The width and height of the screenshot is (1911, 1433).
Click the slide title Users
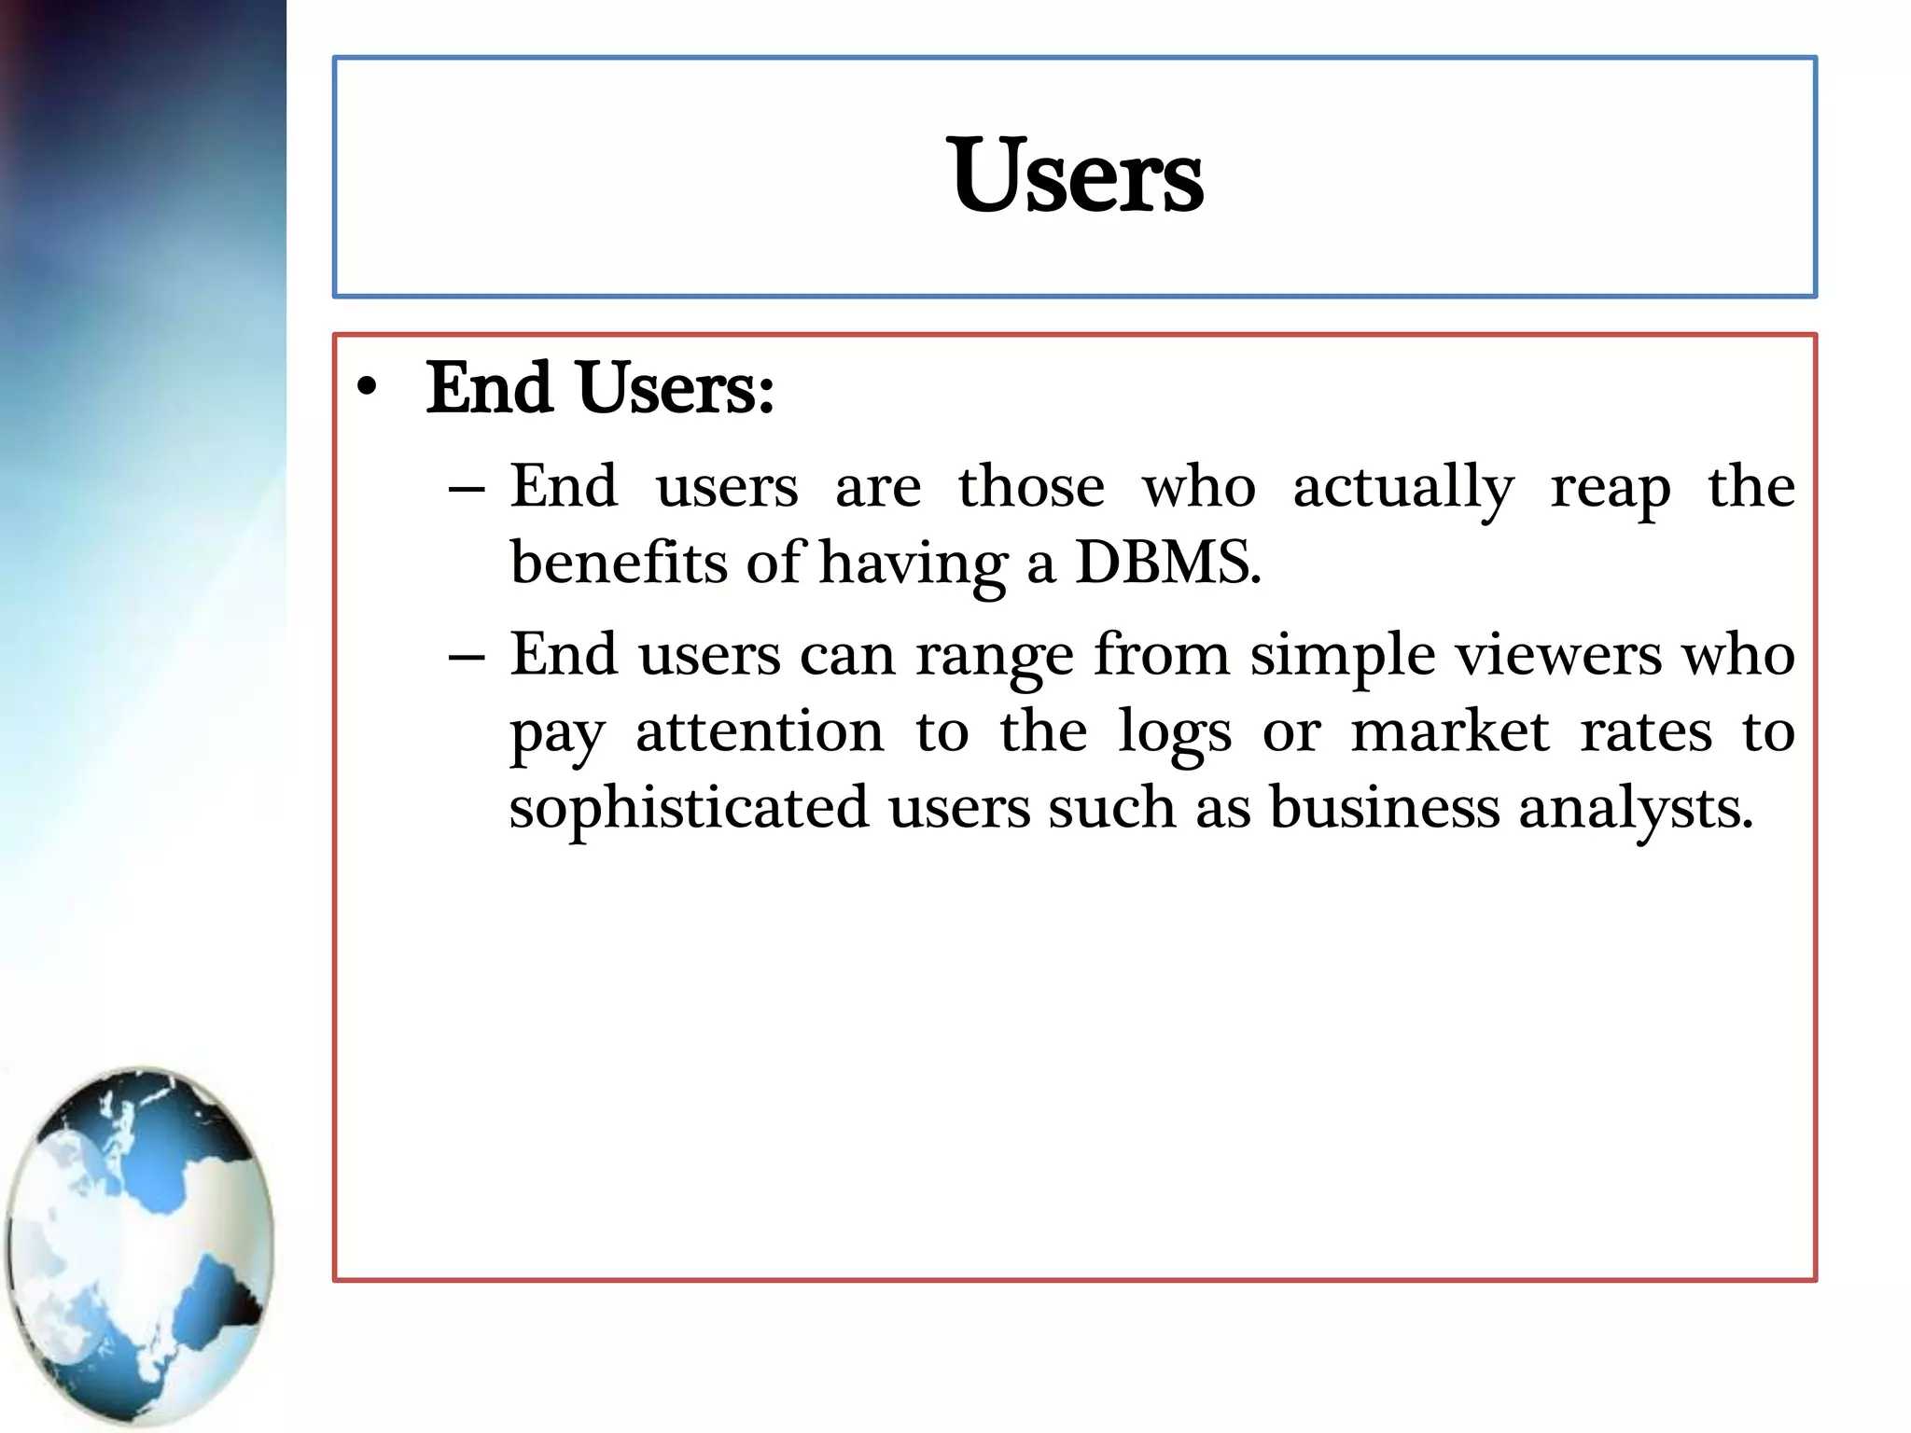pyautogui.click(x=1077, y=176)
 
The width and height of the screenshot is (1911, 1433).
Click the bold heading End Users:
pyautogui.click(x=600, y=388)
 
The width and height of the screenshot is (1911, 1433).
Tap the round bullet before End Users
pyautogui.click(x=368, y=388)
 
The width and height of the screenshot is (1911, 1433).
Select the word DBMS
pyautogui.click(x=1167, y=563)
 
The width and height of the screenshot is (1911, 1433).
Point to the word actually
pyautogui.click(x=1403, y=488)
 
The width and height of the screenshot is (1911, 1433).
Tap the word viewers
pyautogui.click(x=1558, y=656)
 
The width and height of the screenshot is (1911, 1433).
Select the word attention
pyautogui.click(x=760, y=731)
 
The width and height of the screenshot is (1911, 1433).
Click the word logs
pyautogui.click(x=1175, y=733)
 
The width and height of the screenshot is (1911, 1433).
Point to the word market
pyautogui.click(x=1450, y=731)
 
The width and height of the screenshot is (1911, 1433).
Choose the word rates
pyautogui.click(x=1646, y=731)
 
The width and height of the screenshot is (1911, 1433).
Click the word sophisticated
pyautogui.click(x=689, y=808)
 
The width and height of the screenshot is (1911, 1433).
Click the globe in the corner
pyautogui.click(x=140, y=1246)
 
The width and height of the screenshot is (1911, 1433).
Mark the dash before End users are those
pyautogui.click(x=466, y=489)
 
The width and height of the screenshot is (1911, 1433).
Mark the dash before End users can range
pyautogui.click(x=466, y=657)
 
